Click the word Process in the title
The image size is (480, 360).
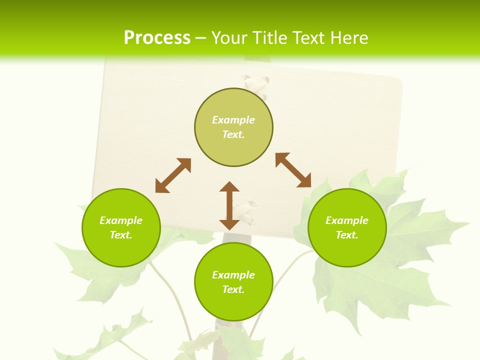[x=157, y=38]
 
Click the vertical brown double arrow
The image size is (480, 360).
[x=229, y=205]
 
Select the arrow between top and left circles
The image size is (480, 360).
[x=173, y=175]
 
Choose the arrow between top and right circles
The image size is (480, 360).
[x=293, y=170]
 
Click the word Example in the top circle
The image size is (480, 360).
[x=233, y=120]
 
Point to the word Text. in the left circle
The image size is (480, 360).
[x=121, y=235]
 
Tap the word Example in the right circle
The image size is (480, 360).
[x=347, y=220]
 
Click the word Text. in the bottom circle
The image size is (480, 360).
[x=233, y=289]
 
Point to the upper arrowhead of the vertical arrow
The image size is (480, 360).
[x=229, y=187]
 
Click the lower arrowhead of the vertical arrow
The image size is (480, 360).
[x=229, y=224]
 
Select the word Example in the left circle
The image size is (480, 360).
[x=121, y=220]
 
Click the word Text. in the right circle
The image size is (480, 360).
[x=347, y=235]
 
